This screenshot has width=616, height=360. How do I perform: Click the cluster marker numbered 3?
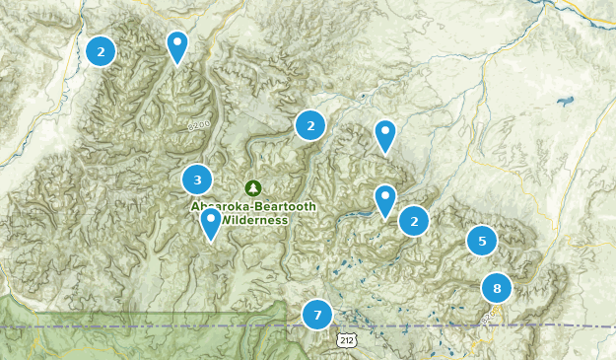tap(197, 180)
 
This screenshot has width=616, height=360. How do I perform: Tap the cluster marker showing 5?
tap(482, 241)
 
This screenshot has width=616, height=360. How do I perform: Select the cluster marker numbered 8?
tap(497, 289)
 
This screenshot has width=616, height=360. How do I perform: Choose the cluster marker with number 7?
tap(317, 315)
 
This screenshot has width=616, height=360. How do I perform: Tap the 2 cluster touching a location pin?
tap(414, 221)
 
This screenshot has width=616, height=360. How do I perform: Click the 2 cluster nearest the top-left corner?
tap(101, 51)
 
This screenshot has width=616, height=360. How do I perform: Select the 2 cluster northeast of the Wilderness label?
tap(310, 125)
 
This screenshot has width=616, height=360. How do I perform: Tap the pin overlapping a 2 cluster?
tap(384, 201)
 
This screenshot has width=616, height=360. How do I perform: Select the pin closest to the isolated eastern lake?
tap(384, 136)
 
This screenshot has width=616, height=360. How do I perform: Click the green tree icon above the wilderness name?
tap(253, 187)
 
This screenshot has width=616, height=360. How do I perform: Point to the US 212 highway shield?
tap(344, 340)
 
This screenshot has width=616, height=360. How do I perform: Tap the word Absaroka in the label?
tap(219, 206)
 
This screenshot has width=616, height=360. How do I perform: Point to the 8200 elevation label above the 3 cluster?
tap(199, 125)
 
